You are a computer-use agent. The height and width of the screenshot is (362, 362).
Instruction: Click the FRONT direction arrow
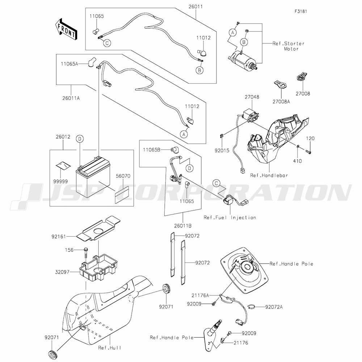[66, 29]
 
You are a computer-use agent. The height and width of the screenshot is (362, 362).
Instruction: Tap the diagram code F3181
[302, 11]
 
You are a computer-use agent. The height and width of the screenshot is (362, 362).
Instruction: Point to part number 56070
[123, 176]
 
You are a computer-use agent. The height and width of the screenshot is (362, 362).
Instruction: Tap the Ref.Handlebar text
[269, 175]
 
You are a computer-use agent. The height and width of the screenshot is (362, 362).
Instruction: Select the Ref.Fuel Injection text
[230, 218]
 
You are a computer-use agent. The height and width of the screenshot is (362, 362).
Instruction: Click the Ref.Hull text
[109, 348]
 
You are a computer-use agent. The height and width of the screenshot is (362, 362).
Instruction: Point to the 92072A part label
[274, 307]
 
